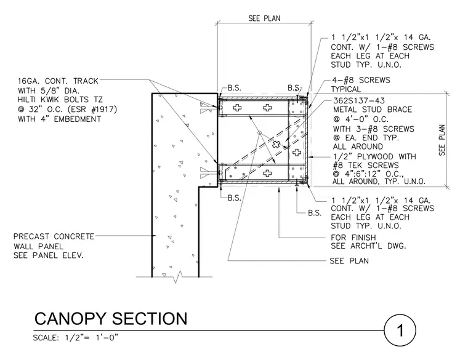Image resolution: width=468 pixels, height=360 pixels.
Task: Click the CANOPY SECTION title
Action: (x=111, y=319)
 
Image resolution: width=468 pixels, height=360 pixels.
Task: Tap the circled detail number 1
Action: (x=400, y=330)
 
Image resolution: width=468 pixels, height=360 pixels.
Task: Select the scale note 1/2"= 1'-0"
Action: (x=92, y=338)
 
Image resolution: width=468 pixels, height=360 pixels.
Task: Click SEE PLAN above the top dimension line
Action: (x=264, y=18)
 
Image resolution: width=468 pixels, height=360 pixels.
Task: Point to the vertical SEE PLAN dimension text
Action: (x=442, y=140)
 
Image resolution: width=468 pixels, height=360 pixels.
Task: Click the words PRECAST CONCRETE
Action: (x=54, y=236)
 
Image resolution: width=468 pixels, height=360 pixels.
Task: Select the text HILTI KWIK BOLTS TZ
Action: (x=60, y=100)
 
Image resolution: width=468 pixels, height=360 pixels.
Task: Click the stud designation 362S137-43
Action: (x=359, y=101)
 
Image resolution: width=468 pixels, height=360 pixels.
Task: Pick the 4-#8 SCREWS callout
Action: (x=361, y=80)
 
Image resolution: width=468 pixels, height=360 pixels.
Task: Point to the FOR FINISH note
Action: (x=353, y=238)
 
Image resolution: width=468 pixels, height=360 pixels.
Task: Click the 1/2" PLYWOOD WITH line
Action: (x=374, y=156)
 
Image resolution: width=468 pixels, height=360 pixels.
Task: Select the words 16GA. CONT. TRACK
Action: (x=58, y=81)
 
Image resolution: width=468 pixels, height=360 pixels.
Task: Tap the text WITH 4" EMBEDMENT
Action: (x=59, y=119)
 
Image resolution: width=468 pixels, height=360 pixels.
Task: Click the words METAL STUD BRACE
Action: (x=373, y=110)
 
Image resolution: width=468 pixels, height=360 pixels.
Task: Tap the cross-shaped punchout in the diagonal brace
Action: (x=276, y=144)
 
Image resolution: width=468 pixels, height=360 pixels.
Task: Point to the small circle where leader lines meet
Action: (x=260, y=132)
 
